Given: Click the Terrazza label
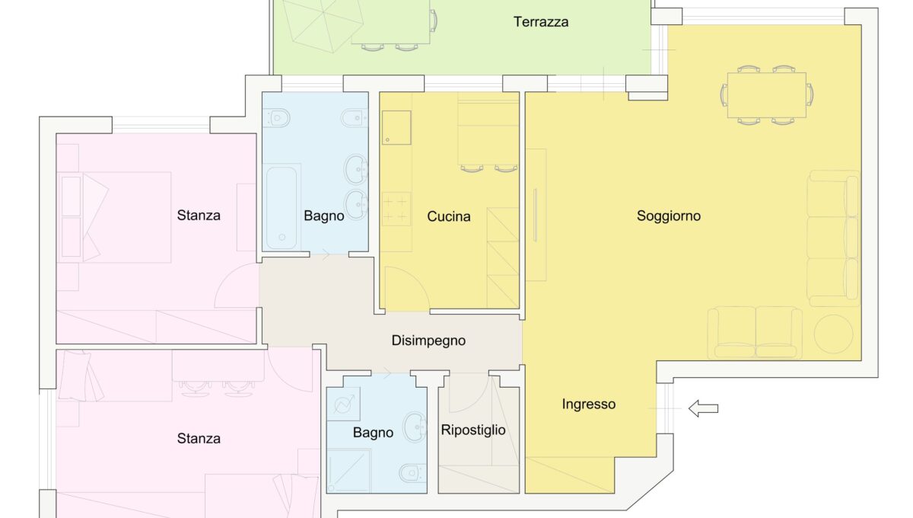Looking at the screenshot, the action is click(541, 21).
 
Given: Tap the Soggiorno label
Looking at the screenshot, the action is click(669, 216).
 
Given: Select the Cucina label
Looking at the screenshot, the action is click(448, 216).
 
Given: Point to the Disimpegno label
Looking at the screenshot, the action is click(428, 341).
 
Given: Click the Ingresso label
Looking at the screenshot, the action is click(589, 404).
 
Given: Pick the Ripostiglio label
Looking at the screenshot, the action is click(473, 430).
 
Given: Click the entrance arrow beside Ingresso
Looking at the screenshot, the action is click(703, 408).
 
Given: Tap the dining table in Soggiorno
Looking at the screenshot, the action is click(767, 95).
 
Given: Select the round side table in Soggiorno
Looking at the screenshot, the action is click(833, 334).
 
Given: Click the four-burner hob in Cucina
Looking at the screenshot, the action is click(396, 209).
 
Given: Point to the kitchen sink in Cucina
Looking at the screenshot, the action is click(396, 127).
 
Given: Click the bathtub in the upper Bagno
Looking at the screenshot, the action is click(282, 207).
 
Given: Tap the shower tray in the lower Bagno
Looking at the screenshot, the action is click(349, 471).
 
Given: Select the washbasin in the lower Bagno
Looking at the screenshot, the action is click(415, 427).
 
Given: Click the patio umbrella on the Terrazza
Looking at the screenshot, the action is click(323, 25).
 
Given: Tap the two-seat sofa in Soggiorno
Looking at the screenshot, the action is click(755, 333).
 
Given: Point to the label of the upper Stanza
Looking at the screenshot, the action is click(199, 215).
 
